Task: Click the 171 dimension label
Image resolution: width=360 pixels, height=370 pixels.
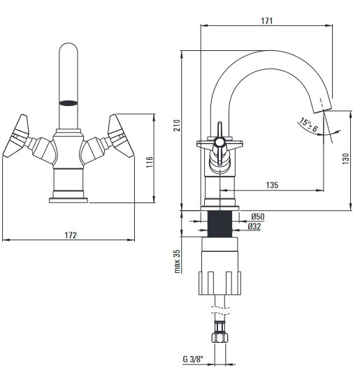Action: click(x=267, y=21)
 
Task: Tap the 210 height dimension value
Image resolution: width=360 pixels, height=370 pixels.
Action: click(x=177, y=125)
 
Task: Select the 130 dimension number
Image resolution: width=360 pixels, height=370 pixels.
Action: click(x=345, y=158)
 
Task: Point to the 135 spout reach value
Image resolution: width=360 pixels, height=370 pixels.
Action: click(x=272, y=185)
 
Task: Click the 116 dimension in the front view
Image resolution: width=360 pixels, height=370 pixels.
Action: click(x=150, y=162)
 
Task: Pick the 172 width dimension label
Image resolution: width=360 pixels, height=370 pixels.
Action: click(x=71, y=235)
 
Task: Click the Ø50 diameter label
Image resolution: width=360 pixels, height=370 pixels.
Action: click(x=258, y=216)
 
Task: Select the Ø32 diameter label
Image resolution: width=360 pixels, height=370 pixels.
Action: click(x=254, y=226)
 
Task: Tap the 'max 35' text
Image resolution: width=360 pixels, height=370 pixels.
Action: click(x=177, y=261)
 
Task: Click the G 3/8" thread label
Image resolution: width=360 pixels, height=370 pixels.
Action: click(x=193, y=359)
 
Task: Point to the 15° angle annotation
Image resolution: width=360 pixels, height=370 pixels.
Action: click(x=309, y=125)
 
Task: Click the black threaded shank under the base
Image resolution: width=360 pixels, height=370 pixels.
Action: click(x=219, y=223)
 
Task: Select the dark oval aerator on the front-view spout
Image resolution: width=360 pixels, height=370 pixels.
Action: click(x=68, y=103)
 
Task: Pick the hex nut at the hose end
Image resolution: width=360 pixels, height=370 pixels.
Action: click(x=219, y=337)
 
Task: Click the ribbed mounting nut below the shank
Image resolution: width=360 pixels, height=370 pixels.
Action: click(x=219, y=283)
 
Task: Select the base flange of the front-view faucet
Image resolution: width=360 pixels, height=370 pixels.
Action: click(x=69, y=200)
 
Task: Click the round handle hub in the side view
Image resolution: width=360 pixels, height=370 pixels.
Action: click(x=219, y=142)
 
